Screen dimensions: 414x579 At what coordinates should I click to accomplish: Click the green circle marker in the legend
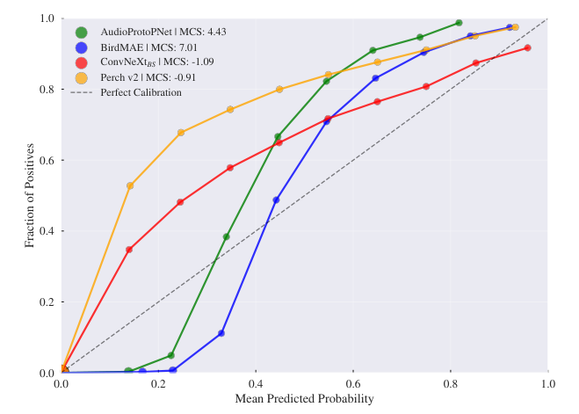[x=82, y=33]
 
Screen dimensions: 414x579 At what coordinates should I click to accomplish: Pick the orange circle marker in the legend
[x=82, y=77]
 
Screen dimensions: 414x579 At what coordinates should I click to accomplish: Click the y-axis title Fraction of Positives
[x=30, y=195]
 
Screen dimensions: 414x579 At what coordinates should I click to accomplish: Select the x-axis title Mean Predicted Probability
[x=305, y=399]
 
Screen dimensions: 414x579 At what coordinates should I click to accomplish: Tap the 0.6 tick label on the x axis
[x=353, y=384]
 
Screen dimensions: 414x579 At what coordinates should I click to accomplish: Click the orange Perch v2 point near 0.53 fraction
[x=130, y=185]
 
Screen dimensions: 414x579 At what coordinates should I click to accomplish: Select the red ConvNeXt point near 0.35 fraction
[x=129, y=250]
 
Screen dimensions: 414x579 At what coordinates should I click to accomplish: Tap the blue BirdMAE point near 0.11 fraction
[x=221, y=333]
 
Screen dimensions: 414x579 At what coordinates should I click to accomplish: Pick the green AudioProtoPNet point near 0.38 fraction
[x=227, y=236]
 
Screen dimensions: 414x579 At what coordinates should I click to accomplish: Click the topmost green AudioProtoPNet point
[x=459, y=23]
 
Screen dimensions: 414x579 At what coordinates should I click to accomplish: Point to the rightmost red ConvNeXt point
[x=527, y=47]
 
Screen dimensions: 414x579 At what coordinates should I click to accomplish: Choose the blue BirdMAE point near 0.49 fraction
[x=277, y=200]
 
